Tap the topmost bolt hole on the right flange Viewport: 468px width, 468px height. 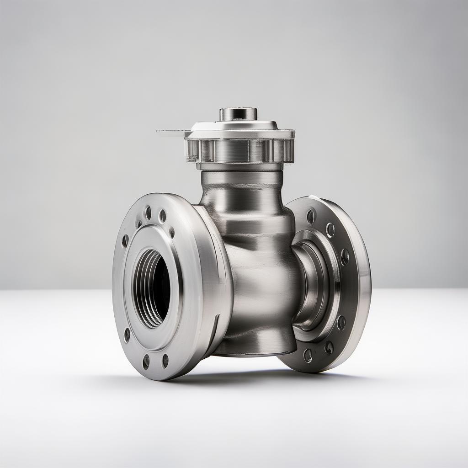point(311,216)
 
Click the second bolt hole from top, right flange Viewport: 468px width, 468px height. point(330,229)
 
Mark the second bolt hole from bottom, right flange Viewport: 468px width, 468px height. point(329,348)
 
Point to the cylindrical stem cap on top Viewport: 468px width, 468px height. point(238,114)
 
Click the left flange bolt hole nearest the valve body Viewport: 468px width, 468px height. point(171,232)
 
